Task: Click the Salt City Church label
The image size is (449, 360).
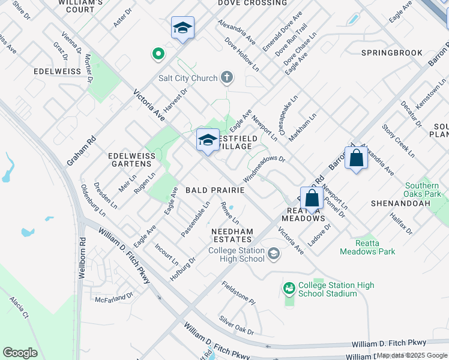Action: click(x=187, y=77)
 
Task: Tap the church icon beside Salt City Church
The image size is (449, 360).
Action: click(x=226, y=77)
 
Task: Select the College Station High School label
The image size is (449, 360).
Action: click(x=236, y=254)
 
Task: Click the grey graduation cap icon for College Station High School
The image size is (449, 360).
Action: click(x=274, y=254)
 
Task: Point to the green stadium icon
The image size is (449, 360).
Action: click(x=289, y=289)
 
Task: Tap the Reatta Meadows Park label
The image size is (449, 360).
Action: click(x=367, y=251)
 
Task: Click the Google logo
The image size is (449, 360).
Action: click(x=20, y=352)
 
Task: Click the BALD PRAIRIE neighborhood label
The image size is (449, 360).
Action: click(x=215, y=190)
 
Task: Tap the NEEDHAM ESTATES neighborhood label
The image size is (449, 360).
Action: click(x=232, y=235)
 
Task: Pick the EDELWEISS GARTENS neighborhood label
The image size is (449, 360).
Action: click(x=130, y=160)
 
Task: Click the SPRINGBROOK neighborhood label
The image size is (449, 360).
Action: click(x=392, y=53)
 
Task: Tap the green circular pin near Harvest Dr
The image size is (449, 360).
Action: click(x=158, y=54)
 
